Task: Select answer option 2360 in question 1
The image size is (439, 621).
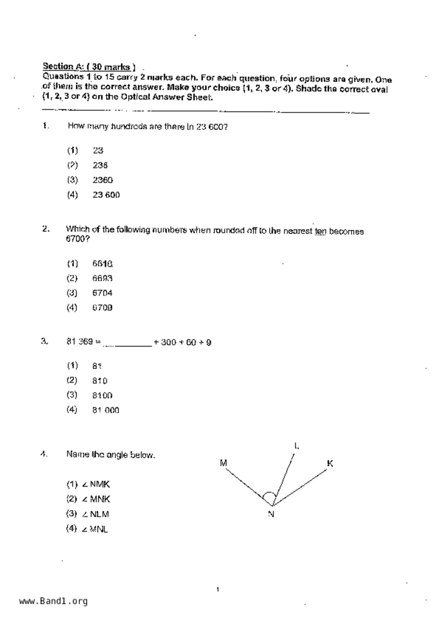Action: [103, 180]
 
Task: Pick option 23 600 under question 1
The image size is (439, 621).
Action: [106, 195]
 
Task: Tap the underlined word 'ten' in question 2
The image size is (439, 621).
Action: [320, 232]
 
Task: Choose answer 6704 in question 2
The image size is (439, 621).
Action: [102, 293]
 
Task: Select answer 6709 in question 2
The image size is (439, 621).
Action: [102, 308]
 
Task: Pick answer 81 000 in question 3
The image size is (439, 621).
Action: [106, 410]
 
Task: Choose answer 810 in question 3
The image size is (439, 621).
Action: [100, 381]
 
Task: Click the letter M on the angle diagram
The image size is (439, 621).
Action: [223, 463]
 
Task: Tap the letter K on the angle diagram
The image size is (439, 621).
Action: [330, 463]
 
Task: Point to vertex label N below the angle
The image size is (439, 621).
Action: [271, 514]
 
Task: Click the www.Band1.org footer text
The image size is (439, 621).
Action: [53, 601]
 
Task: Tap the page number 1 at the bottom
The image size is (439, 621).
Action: [218, 589]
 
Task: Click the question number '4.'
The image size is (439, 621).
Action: [44, 454]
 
